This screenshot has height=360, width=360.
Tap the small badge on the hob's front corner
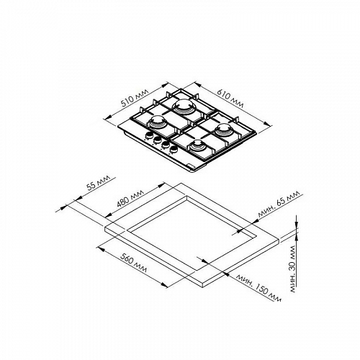(x=189, y=166)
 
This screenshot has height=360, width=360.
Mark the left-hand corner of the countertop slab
(x=105, y=228)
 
